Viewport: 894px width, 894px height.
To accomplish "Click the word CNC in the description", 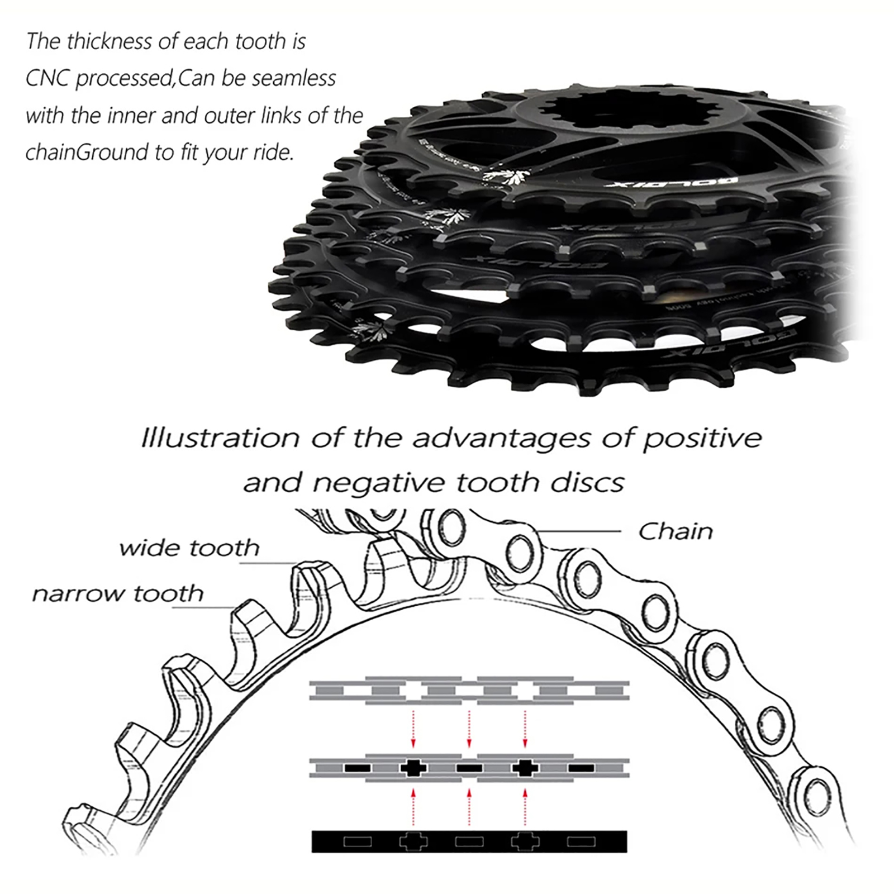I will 47,79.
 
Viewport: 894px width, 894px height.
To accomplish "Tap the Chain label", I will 676,531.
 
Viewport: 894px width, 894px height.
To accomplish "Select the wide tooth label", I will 189,548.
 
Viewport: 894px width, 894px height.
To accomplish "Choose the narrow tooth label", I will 118,593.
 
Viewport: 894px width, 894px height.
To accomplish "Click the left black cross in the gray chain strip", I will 413,768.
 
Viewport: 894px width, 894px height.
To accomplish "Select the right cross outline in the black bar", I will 525,841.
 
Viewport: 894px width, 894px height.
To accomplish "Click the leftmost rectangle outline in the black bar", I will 357,841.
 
